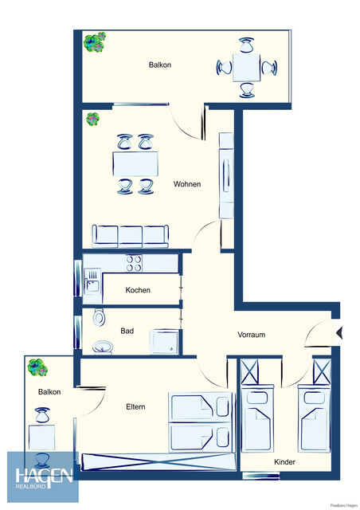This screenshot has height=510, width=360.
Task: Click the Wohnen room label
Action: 187,184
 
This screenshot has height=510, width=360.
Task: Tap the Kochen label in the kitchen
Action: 138,290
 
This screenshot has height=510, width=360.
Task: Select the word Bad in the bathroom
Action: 127,330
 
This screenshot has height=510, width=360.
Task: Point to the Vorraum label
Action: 251,335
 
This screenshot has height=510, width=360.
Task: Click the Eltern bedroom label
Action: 135,407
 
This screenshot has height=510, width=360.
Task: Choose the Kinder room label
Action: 284,461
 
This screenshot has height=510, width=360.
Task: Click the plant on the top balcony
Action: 96,41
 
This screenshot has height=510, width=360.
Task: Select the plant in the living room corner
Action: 93,120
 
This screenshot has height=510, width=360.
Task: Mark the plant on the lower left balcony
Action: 37,367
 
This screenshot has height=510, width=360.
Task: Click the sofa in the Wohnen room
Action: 131,235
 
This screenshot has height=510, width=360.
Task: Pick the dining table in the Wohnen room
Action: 135,164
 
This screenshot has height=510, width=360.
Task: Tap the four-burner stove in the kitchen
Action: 133,262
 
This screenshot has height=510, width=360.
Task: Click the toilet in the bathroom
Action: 99,317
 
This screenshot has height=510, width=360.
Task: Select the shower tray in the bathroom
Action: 166,341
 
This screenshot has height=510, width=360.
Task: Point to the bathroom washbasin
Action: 103,347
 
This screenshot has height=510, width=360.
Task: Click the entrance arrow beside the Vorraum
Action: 338,332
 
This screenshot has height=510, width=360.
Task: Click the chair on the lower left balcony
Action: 42,416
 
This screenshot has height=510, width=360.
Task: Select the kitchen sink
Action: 92,280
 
